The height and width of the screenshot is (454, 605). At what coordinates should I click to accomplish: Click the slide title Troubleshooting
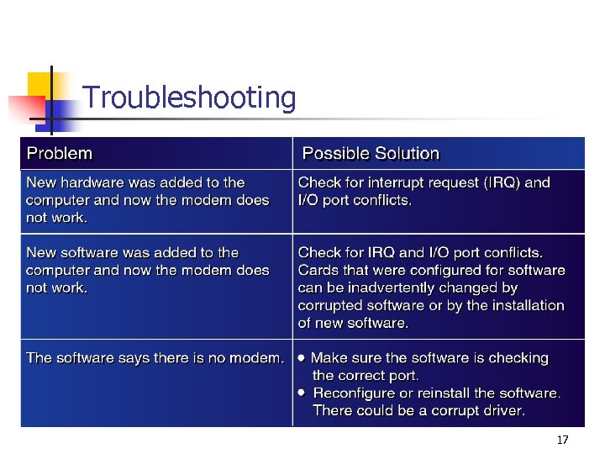point(190,98)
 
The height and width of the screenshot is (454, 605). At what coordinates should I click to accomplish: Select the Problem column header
point(60,154)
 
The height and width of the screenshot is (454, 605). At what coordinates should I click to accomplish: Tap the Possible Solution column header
point(371,154)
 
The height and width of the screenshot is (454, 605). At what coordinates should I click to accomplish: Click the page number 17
point(563,441)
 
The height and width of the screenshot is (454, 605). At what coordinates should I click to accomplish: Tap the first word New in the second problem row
point(41,252)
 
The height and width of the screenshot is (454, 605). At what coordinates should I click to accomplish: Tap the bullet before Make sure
point(302,357)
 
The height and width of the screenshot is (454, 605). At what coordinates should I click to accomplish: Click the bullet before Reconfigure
point(302,393)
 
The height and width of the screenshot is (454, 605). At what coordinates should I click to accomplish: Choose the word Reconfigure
point(352,393)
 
